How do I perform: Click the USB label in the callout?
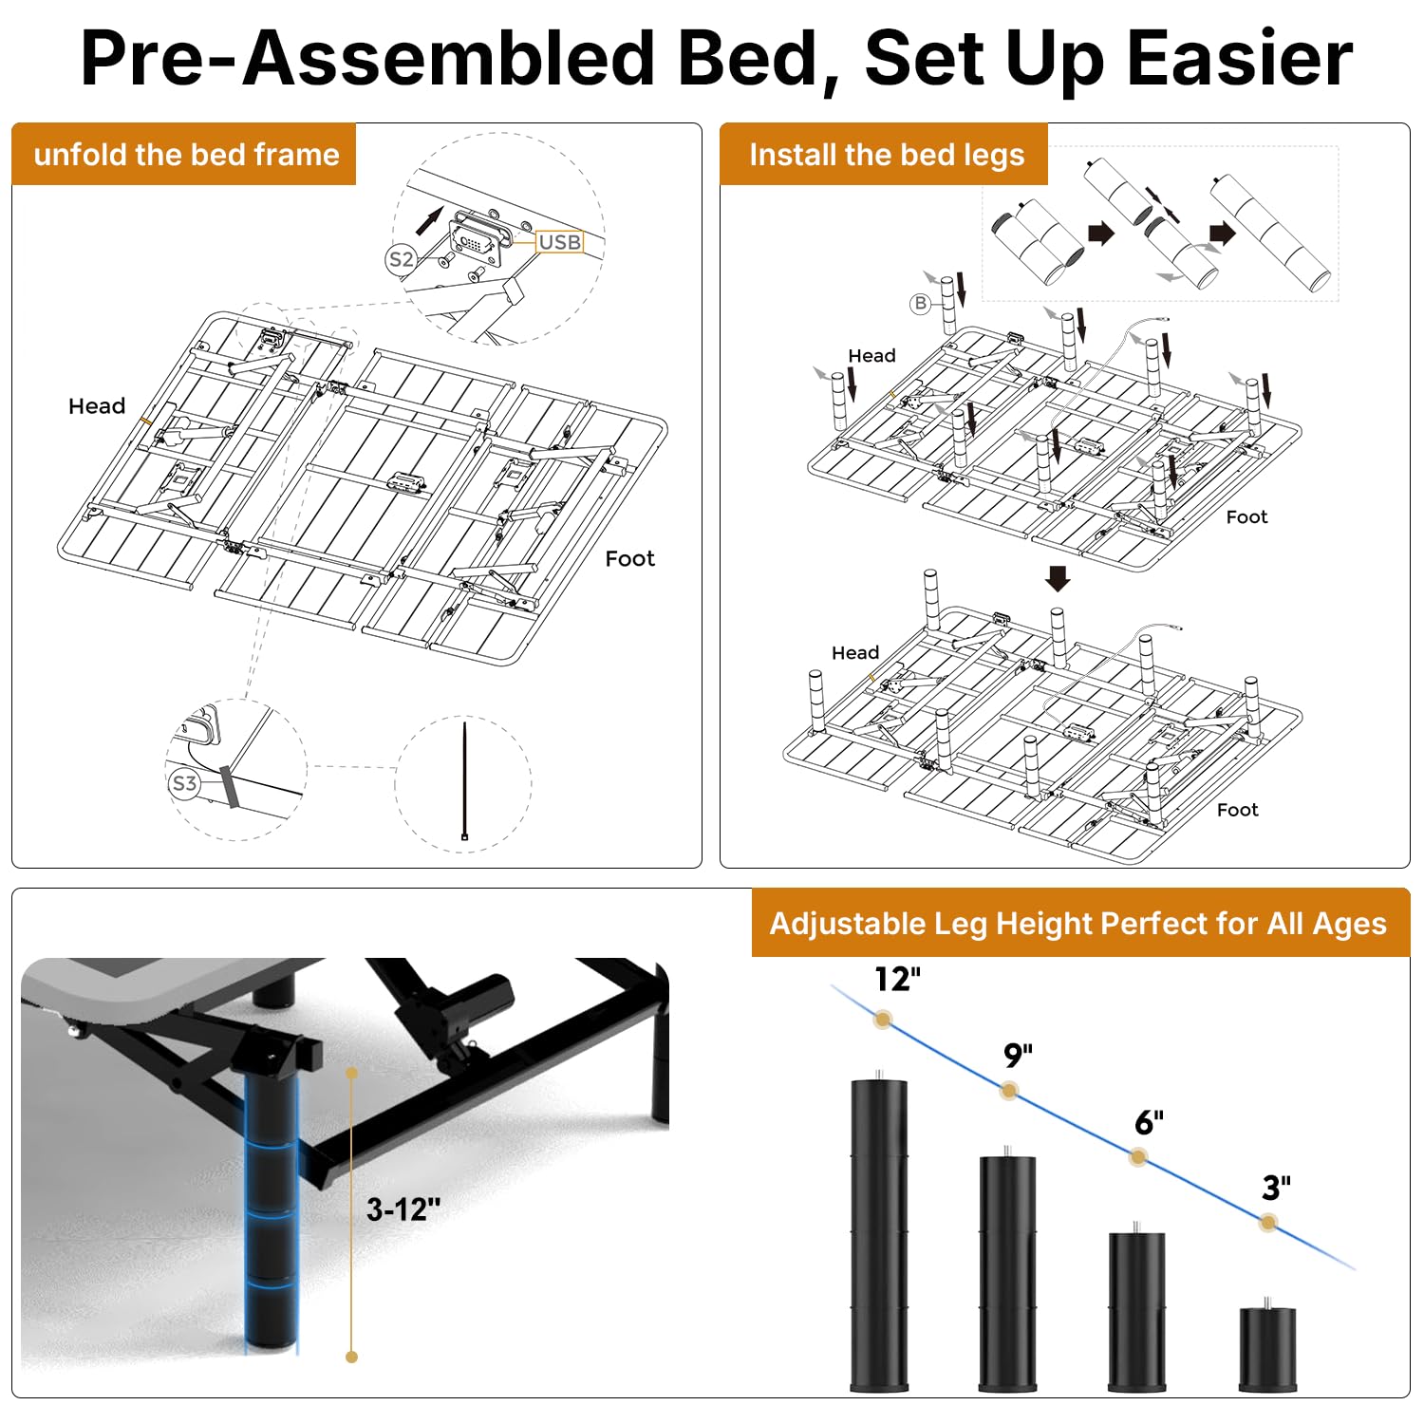click(x=559, y=242)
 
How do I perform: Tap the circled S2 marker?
click(x=402, y=259)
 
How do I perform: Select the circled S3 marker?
click(x=184, y=783)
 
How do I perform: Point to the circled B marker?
click(x=920, y=304)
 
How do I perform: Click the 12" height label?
click(x=897, y=979)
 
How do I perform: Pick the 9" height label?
click(x=1018, y=1055)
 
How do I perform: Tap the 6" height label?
click(x=1149, y=1122)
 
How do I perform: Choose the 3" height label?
click(x=1276, y=1188)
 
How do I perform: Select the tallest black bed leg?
click(x=879, y=1232)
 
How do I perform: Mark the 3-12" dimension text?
click(x=403, y=1209)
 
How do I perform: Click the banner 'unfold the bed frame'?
click(x=186, y=154)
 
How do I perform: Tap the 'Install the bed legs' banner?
click(x=886, y=155)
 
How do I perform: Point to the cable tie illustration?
click(x=464, y=780)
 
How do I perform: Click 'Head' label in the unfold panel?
click(x=97, y=406)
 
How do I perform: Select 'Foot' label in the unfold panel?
click(x=630, y=558)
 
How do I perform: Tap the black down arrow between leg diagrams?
click(x=1058, y=578)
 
